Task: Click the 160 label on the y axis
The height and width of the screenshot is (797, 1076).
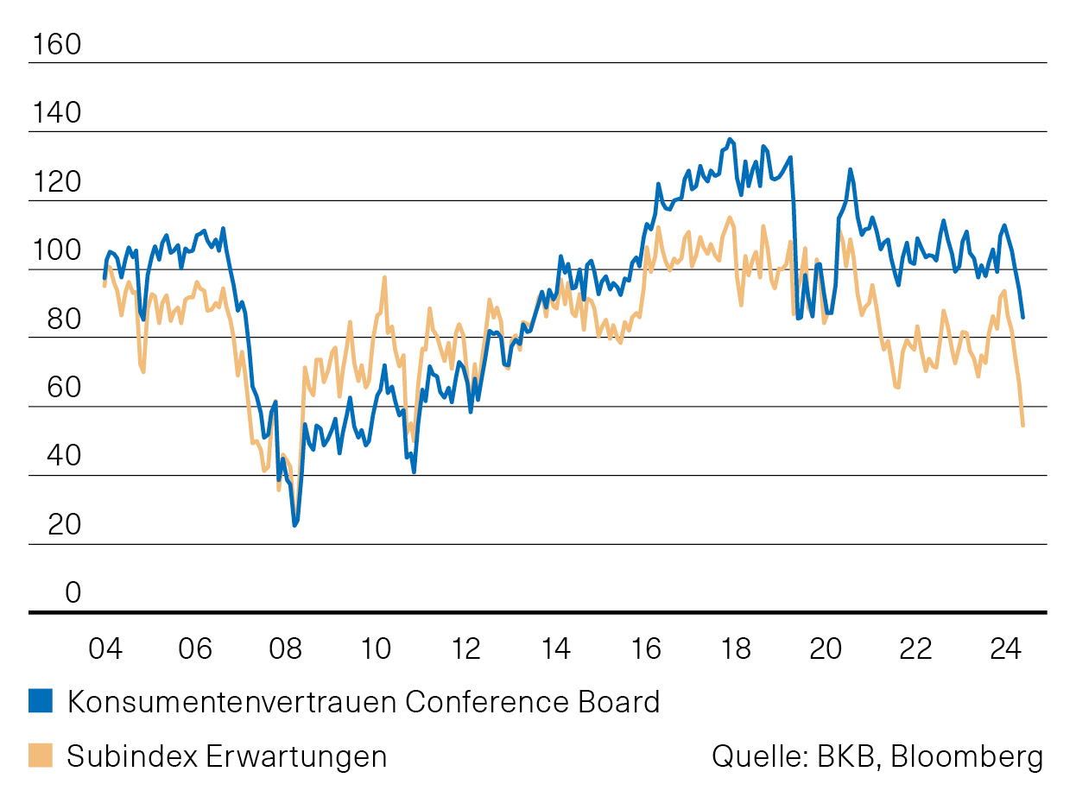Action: pyautogui.click(x=55, y=45)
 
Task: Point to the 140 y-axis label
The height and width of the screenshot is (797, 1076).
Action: pyautogui.click(x=55, y=114)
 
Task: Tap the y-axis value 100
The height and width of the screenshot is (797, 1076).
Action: pyautogui.click(x=55, y=251)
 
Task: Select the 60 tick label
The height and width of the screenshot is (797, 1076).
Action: pyautogui.click(x=55, y=389)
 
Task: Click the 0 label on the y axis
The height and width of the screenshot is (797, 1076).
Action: pyautogui.click(x=73, y=593)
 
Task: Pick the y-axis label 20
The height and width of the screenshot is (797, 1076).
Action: pyautogui.click(x=55, y=525)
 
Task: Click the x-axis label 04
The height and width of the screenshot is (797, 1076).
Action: pyautogui.click(x=104, y=648)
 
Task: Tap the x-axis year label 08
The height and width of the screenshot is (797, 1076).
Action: pyautogui.click(x=286, y=648)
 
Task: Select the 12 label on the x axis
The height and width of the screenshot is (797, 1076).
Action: pyautogui.click(x=466, y=648)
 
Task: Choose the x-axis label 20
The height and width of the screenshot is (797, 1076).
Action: pyautogui.click(x=826, y=648)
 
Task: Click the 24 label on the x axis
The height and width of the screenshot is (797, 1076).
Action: pyautogui.click(x=1007, y=648)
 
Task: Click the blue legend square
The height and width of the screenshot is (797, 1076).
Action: pyautogui.click(x=41, y=701)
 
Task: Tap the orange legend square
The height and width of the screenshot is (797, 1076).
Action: pyautogui.click(x=41, y=756)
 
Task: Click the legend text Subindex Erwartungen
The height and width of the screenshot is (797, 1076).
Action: pyautogui.click(x=227, y=756)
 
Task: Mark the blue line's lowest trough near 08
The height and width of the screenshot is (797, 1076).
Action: pyautogui.click(x=294, y=524)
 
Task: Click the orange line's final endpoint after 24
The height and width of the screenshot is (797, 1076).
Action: pyautogui.click(x=1023, y=425)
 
